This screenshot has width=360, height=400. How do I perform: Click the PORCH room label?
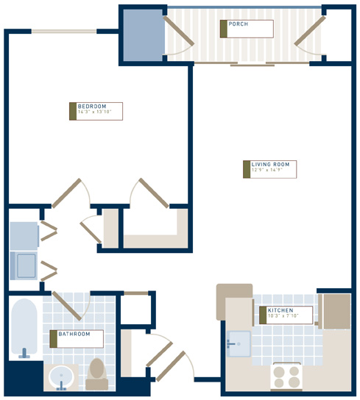[238, 24]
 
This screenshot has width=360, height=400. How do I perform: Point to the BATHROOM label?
[74, 335]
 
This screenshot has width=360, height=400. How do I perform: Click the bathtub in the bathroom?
[24, 328]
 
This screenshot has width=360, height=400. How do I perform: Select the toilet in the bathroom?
[96, 373]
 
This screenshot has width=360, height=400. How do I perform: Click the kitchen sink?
[239, 343]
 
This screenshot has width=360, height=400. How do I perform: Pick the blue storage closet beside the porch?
[142, 35]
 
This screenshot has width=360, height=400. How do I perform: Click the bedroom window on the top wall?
[63, 31]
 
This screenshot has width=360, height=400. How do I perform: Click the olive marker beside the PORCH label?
[222, 29]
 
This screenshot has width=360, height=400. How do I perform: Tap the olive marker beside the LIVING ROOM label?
[246, 168]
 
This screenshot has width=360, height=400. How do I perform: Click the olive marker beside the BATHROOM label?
[52, 338]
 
